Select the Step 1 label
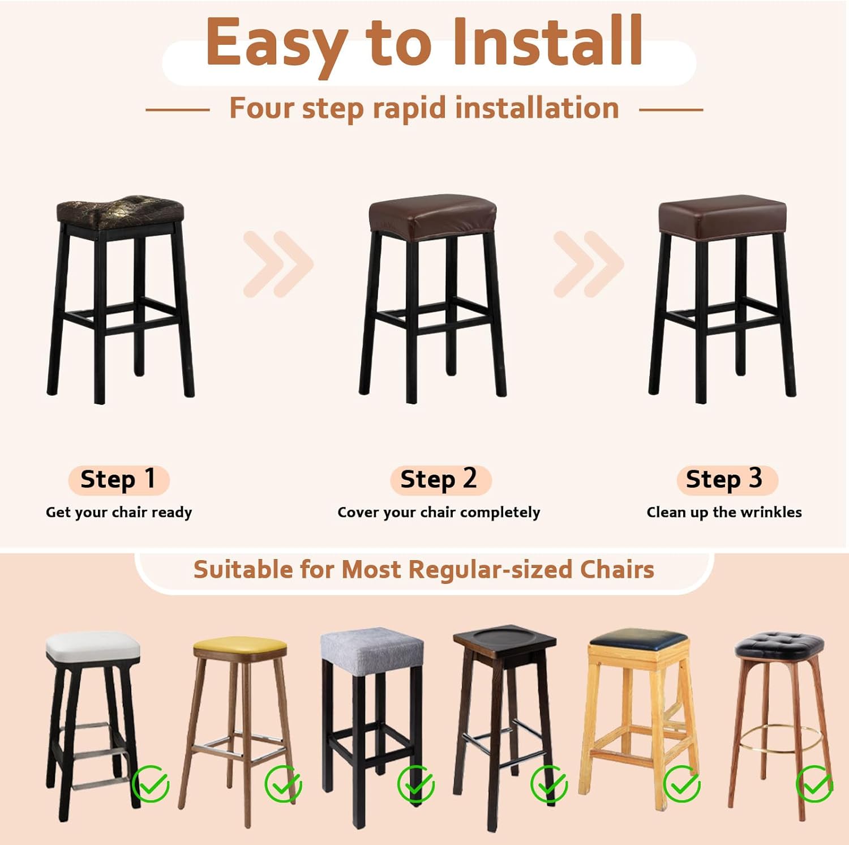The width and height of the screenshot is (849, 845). click(x=118, y=479)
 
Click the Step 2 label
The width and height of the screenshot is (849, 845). click(x=439, y=479)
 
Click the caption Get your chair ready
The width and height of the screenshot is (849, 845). click(x=119, y=512)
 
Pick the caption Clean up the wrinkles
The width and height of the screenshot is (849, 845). click(x=724, y=512)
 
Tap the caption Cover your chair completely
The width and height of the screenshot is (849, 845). click(x=439, y=512)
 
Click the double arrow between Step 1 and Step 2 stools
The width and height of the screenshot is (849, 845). click(x=277, y=264)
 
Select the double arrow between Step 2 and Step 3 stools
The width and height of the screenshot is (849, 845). click(x=588, y=264)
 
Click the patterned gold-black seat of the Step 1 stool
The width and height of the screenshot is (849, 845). click(x=120, y=211)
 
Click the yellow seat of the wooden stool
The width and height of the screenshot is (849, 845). click(x=239, y=646)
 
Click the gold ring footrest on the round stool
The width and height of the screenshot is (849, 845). click(x=781, y=737)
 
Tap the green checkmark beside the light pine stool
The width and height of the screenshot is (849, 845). click(x=681, y=783)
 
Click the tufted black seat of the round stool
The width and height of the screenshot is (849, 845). click(x=779, y=645)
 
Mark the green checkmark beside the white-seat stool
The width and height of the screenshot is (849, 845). click(x=151, y=783)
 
